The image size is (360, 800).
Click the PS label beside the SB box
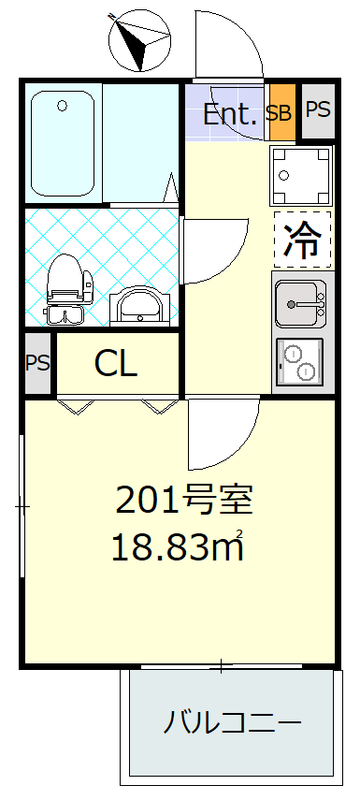tap(317, 110)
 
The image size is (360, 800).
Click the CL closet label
tap(116, 364)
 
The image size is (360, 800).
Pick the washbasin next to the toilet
tap(136, 303)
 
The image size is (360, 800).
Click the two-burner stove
tap(301, 361)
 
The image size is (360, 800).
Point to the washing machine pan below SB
tap(301, 175)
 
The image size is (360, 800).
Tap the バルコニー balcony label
tap(232, 722)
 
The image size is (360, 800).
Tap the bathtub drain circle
tap(62, 104)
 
